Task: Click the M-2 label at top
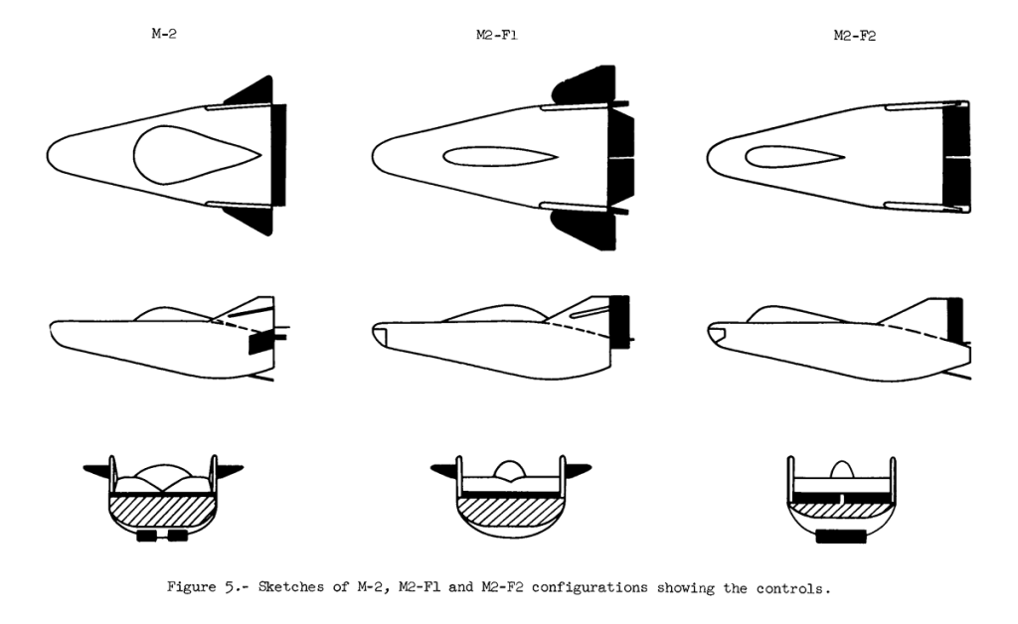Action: [164, 34]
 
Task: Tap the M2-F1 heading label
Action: [497, 35]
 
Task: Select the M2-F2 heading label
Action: [854, 36]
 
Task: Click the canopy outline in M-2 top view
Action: [134, 154]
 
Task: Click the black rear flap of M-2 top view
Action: [278, 154]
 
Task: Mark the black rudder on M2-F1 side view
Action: [619, 322]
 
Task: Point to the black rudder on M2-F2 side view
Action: [954, 320]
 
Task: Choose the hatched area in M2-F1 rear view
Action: [509, 513]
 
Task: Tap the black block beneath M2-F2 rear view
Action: [841, 537]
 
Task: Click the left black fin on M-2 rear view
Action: [97, 468]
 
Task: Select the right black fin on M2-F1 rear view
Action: [578, 468]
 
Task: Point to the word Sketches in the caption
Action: [291, 587]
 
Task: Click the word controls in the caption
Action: [792, 589]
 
